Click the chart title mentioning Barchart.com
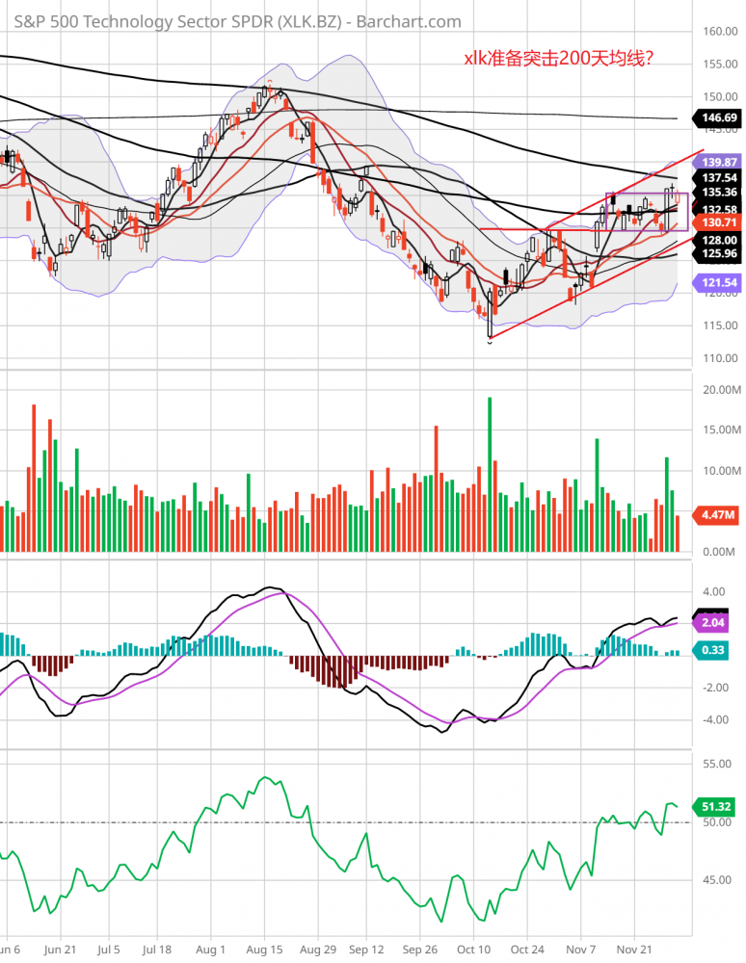point(236,21)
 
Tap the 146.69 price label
point(720,117)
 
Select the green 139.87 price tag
point(720,162)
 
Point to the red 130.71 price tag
point(720,222)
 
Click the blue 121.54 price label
point(720,284)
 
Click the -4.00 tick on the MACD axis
point(714,719)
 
